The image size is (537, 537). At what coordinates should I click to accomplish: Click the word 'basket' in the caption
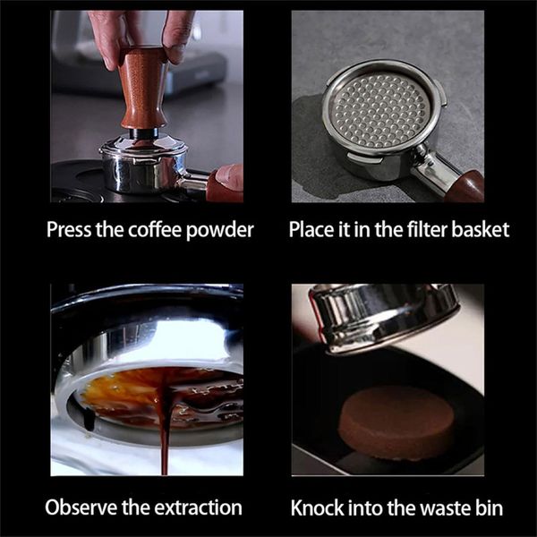pos(480,229)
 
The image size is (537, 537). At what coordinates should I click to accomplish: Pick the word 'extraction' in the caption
pos(200,507)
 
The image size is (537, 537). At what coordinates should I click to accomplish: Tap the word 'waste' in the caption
pos(445,507)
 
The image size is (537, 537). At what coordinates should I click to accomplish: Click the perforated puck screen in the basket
pos(379,110)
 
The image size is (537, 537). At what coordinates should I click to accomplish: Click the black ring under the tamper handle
pos(144,133)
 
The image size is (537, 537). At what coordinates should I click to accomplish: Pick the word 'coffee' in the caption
pos(156,229)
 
